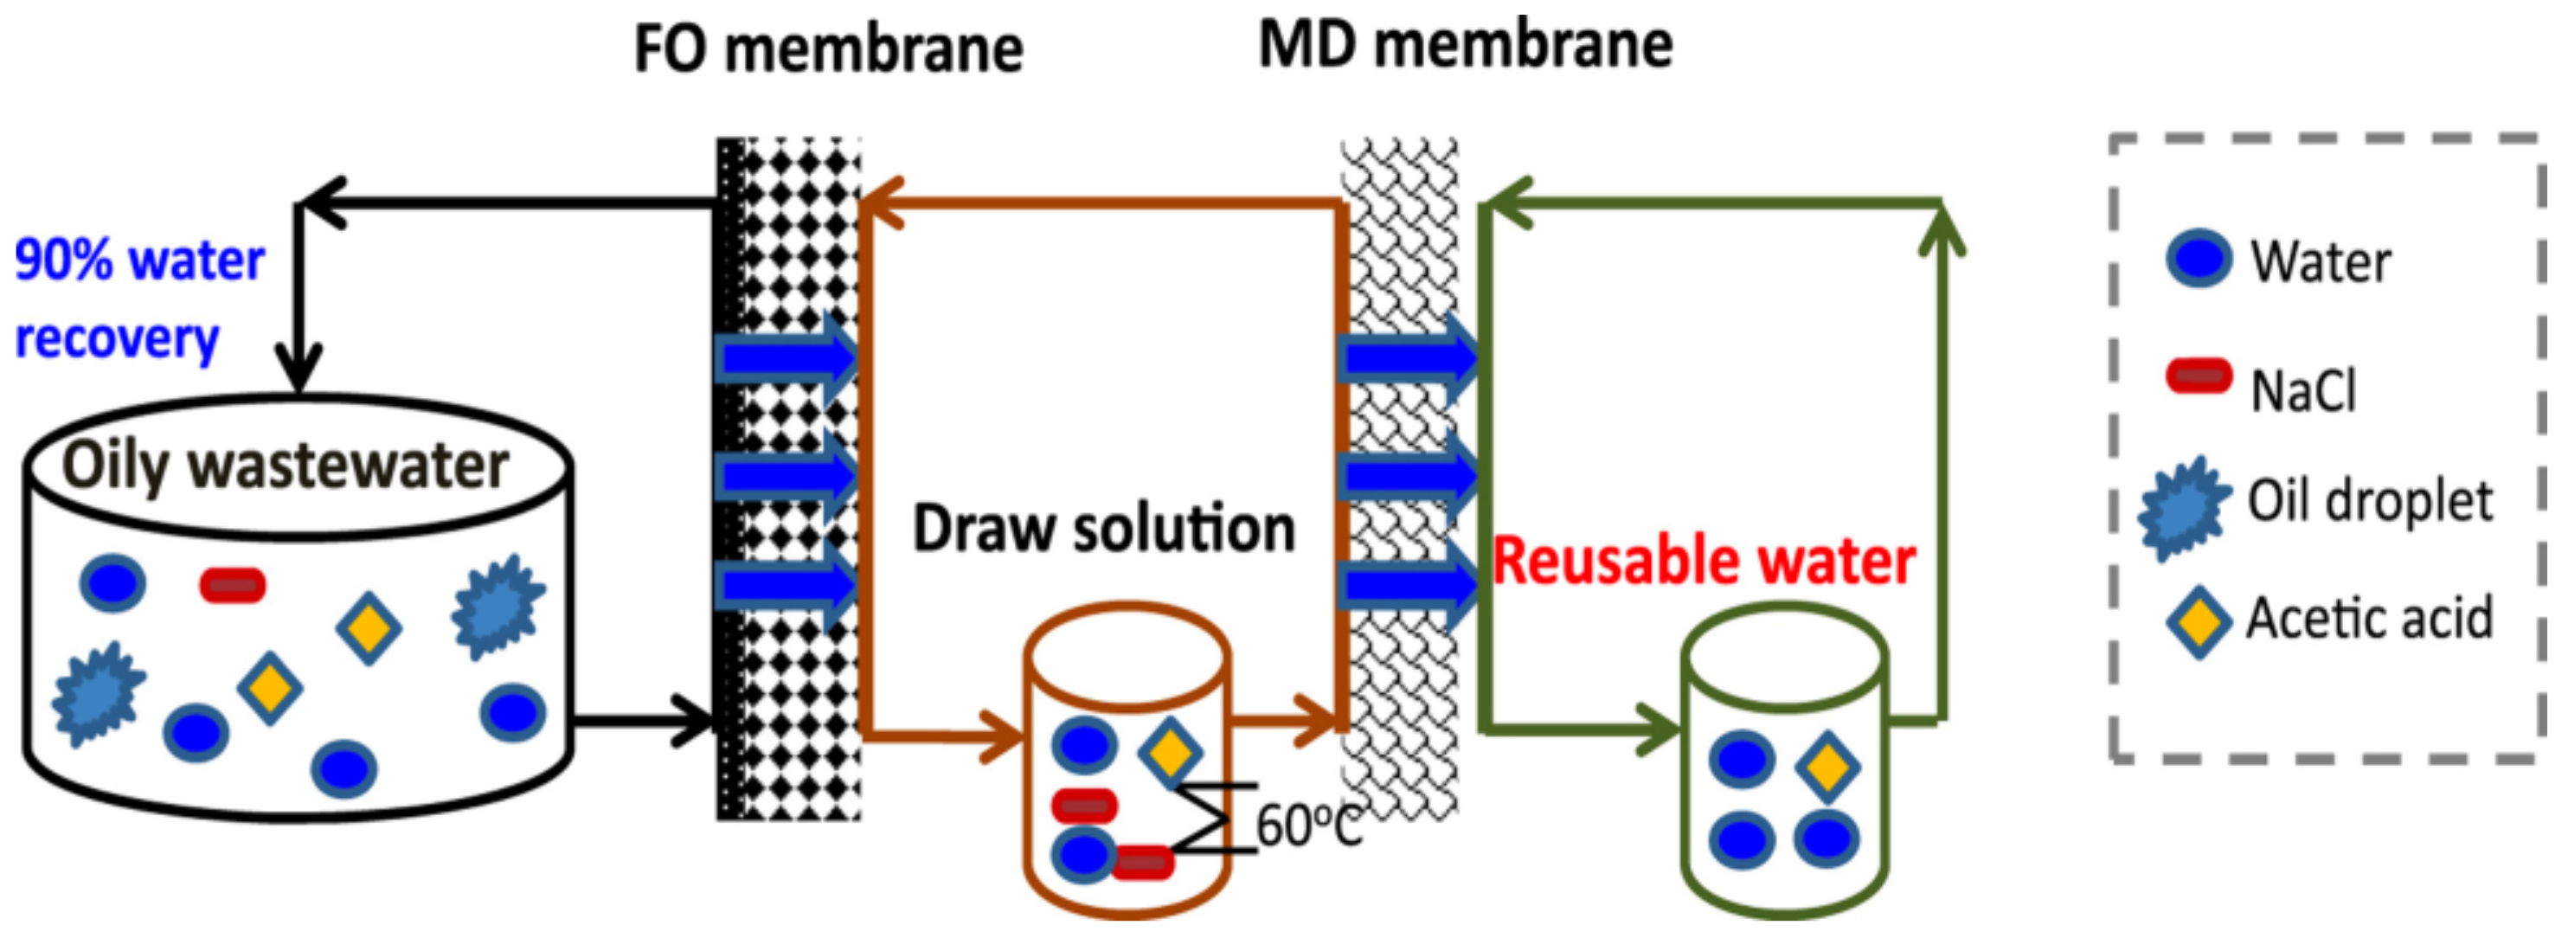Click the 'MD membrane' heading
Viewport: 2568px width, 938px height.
pos(1465,45)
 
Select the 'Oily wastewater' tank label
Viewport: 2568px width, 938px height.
pos(286,466)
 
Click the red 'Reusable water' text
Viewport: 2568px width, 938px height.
pos(1704,562)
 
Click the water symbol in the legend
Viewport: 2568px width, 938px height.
pos(2199,260)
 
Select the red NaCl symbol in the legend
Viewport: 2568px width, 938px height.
pos(2199,376)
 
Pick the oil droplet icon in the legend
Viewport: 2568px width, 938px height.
pos(2183,507)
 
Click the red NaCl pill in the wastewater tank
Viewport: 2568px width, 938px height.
pos(232,585)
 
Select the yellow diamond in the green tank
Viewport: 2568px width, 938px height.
pos(1826,767)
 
